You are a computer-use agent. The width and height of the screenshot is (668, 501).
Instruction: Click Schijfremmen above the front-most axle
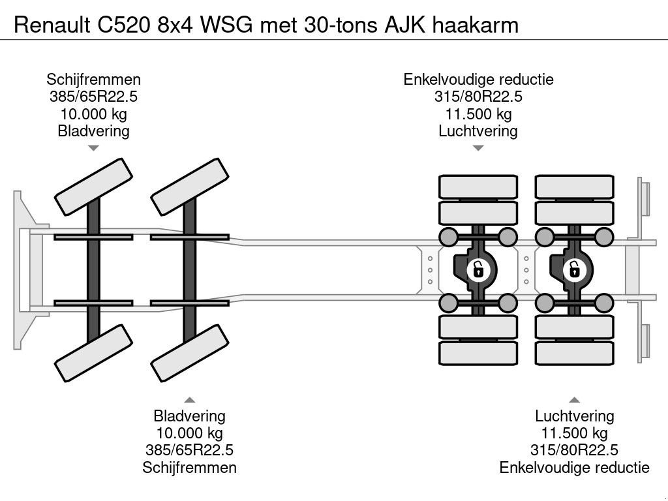coord(93,80)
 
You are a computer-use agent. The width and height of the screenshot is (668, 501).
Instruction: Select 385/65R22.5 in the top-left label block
coord(93,97)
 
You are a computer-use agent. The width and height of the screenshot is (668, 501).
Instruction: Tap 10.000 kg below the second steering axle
coord(189,433)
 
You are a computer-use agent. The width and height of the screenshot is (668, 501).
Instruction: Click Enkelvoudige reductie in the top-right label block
coord(478,80)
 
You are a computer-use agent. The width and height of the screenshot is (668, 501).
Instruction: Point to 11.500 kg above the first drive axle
coord(478,114)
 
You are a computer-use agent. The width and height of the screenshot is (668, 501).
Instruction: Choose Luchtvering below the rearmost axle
coord(574,416)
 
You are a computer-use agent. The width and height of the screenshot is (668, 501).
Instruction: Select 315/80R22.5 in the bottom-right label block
coord(574,450)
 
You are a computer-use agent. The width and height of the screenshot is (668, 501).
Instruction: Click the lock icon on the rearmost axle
coord(574,269)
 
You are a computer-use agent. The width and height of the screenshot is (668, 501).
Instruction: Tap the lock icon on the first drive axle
coord(478,269)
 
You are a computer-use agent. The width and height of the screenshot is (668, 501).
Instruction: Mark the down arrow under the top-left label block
coord(93,148)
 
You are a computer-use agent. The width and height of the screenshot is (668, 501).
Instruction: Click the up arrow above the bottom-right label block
coord(574,399)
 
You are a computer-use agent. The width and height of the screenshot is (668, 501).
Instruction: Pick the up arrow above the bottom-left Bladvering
coord(189,399)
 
